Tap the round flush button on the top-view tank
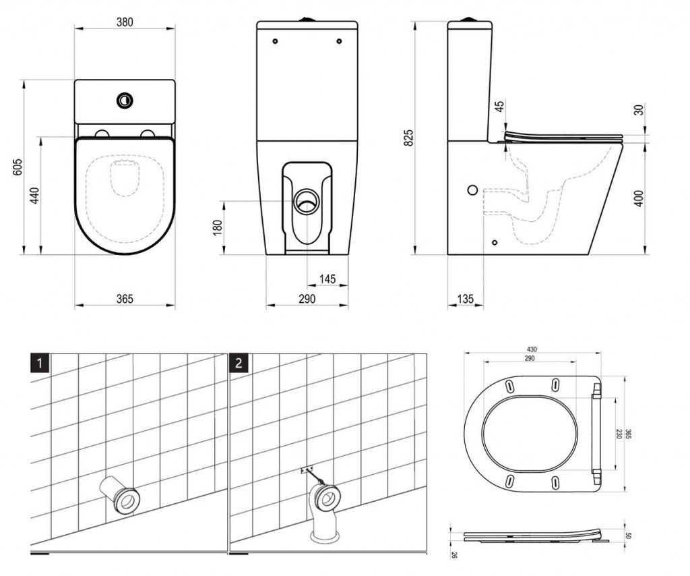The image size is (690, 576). tap(125, 99)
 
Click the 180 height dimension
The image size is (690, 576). tap(217, 227)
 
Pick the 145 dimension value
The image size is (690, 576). tap(327, 279)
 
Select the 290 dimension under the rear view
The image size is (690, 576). tap(307, 299)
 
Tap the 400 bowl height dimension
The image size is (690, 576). tap(639, 198)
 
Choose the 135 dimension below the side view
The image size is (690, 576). tap(465, 299)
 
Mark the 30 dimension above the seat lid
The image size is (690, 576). tap(639, 110)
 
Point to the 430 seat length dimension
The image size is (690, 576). tap(533, 349)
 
